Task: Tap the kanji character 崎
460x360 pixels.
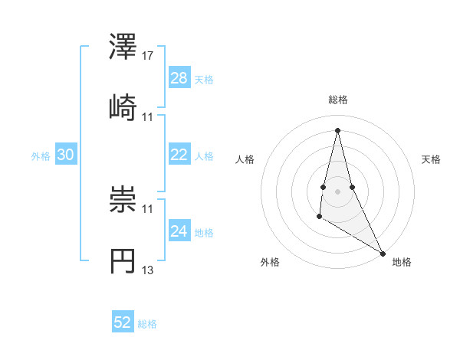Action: [x=123, y=106]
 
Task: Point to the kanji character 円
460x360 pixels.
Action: [x=123, y=260]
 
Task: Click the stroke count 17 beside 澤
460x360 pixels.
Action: [x=148, y=56]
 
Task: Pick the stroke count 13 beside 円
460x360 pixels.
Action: [x=148, y=270]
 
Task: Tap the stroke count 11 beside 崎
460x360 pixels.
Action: [x=148, y=116]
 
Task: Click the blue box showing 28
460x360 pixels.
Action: [x=179, y=78]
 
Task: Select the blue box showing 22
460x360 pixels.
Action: [x=179, y=155]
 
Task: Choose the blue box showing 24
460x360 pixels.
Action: [x=179, y=231]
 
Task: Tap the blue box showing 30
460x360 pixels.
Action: [x=66, y=155]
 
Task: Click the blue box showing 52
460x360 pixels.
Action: [x=123, y=322]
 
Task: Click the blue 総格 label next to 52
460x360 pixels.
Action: [x=147, y=324]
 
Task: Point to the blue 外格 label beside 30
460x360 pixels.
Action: [x=41, y=156]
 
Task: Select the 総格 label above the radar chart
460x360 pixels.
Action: [x=338, y=100]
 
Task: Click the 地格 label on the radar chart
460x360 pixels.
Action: [x=402, y=262]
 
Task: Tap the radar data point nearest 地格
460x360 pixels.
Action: [x=383, y=253]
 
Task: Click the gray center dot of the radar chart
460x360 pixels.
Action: [x=338, y=191]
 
